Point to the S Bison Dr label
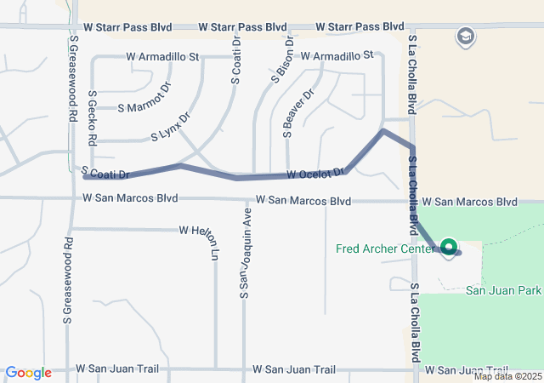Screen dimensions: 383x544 click(x=283, y=58)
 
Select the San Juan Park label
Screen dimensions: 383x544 click(x=503, y=290)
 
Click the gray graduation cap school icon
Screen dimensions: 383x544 click(x=465, y=37)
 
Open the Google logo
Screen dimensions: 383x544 click(x=28, y=373)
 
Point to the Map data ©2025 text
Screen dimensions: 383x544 click(x=507, y=376)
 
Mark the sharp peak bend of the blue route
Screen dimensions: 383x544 click(x=383, y=131)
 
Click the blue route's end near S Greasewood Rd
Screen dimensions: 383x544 click(x=86, y=176)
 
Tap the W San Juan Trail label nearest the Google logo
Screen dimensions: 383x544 click(x=117, y=369)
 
